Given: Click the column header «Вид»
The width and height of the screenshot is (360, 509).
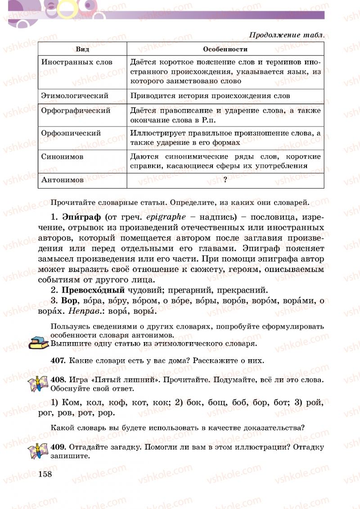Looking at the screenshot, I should pos(82,49).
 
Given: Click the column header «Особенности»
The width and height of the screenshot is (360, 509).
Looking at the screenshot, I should pos(225,49).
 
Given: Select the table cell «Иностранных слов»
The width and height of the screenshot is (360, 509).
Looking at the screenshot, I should pos(76,62).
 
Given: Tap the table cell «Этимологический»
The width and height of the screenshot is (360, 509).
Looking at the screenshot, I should pos(75,95).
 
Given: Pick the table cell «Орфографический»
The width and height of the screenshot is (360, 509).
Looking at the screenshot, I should pos(76,110).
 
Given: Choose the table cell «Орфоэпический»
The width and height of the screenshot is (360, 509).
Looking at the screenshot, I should pos(71,133).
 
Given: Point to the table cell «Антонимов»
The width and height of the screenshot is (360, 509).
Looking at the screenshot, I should pos(62,180).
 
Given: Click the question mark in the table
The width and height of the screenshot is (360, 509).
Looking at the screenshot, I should pos(225,180).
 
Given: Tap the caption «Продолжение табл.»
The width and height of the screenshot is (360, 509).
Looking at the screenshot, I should pos(287,35).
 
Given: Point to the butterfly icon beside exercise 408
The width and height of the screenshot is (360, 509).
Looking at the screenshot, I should pos(38,383).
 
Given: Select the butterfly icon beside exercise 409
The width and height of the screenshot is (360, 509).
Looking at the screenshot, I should pos(38,451).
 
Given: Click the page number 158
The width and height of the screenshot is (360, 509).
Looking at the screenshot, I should pos(45,474).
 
